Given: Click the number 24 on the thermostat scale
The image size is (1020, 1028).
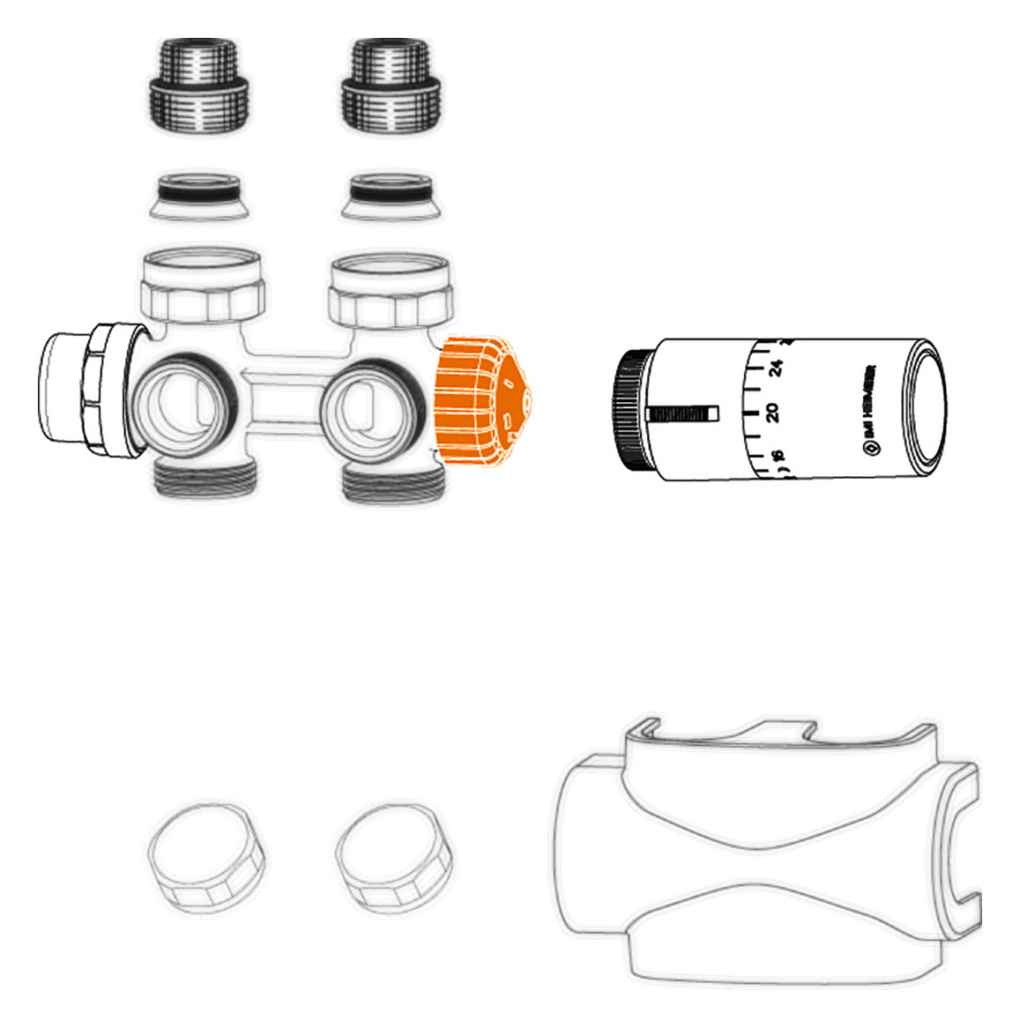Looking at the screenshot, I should point(776,367).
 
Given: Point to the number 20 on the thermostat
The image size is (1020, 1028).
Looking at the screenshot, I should point(772,412).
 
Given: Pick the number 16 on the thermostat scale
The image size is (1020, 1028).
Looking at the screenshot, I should point(777,458).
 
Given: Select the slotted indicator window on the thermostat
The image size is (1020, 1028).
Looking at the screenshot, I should point(683,413).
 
